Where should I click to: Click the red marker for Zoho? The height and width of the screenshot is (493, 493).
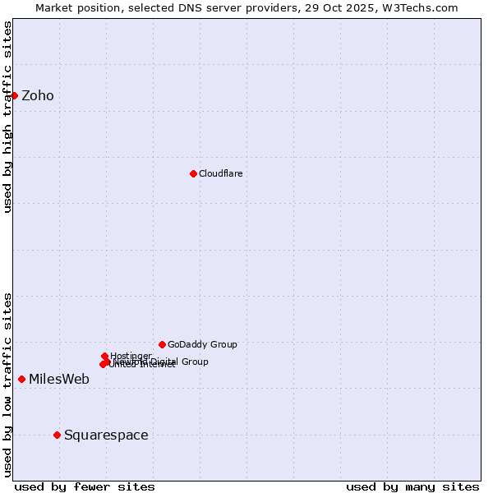(x=14, y=95)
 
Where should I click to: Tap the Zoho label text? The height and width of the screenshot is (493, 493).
(x=38, y=96)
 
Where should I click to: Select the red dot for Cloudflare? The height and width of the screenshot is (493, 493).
(x=193, y=173)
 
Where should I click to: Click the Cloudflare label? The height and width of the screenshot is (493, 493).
(x=221, y=173)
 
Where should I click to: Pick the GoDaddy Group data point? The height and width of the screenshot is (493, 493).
(x=162, y=344)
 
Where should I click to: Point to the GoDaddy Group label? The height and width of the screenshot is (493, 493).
(x=202, y=344)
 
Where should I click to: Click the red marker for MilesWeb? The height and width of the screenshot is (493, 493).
(x=21, y=379)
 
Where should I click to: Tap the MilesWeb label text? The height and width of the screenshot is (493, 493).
(x=59, y=380)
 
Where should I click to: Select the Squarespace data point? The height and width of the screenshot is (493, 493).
(x=57, y=435)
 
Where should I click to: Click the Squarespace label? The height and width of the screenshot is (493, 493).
(x=106, y=435)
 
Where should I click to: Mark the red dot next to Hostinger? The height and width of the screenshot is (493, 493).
(x=104, y=356)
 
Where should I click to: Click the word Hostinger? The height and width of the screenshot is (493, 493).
(x=131, y=355)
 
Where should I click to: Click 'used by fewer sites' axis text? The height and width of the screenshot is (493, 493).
(x=85, y=486)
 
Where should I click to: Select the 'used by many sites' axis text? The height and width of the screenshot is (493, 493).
(x=412, y=486)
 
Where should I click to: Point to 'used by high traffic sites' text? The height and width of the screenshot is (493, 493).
(x=7, y=117)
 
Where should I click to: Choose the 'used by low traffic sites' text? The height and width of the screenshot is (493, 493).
(x=7, y=385)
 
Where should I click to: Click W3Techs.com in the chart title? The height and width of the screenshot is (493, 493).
(x=424, y=7)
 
